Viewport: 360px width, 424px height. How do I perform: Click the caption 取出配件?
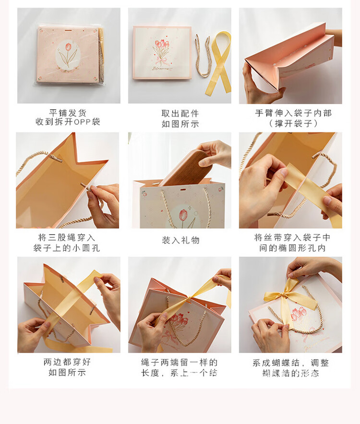click(x=180, y=114)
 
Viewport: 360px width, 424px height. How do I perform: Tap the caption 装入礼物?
click(x=180, y=240)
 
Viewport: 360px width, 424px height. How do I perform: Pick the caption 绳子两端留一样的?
click(x=180, y=362)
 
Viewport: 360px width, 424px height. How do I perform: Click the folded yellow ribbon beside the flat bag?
click(x=219, y=62)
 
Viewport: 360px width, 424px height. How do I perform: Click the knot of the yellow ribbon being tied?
click(x=191, y=299)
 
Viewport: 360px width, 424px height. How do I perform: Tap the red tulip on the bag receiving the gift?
click(x=183, y=215)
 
